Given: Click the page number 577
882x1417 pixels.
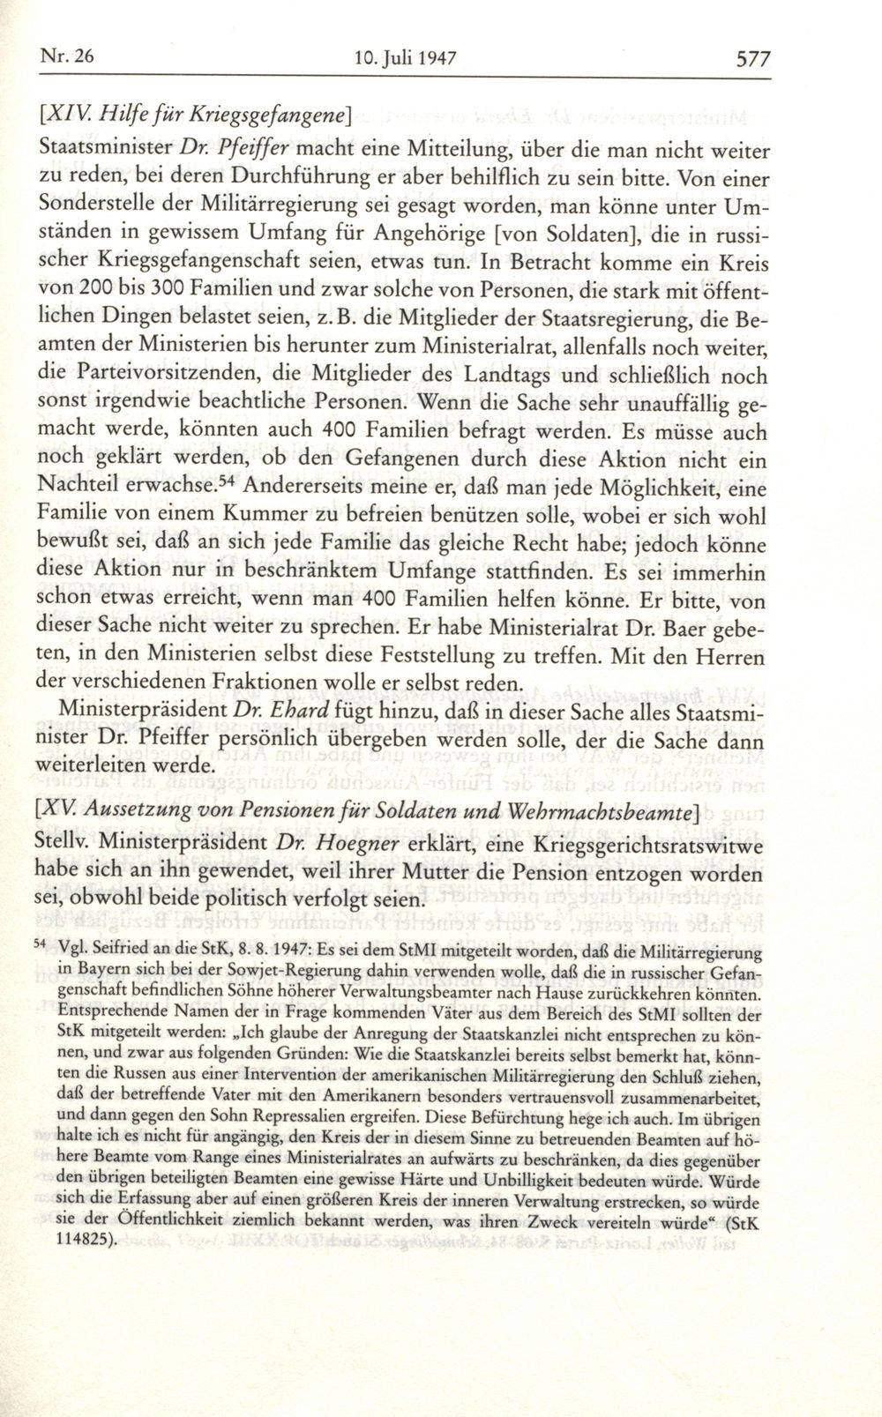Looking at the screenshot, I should [752, 59].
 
